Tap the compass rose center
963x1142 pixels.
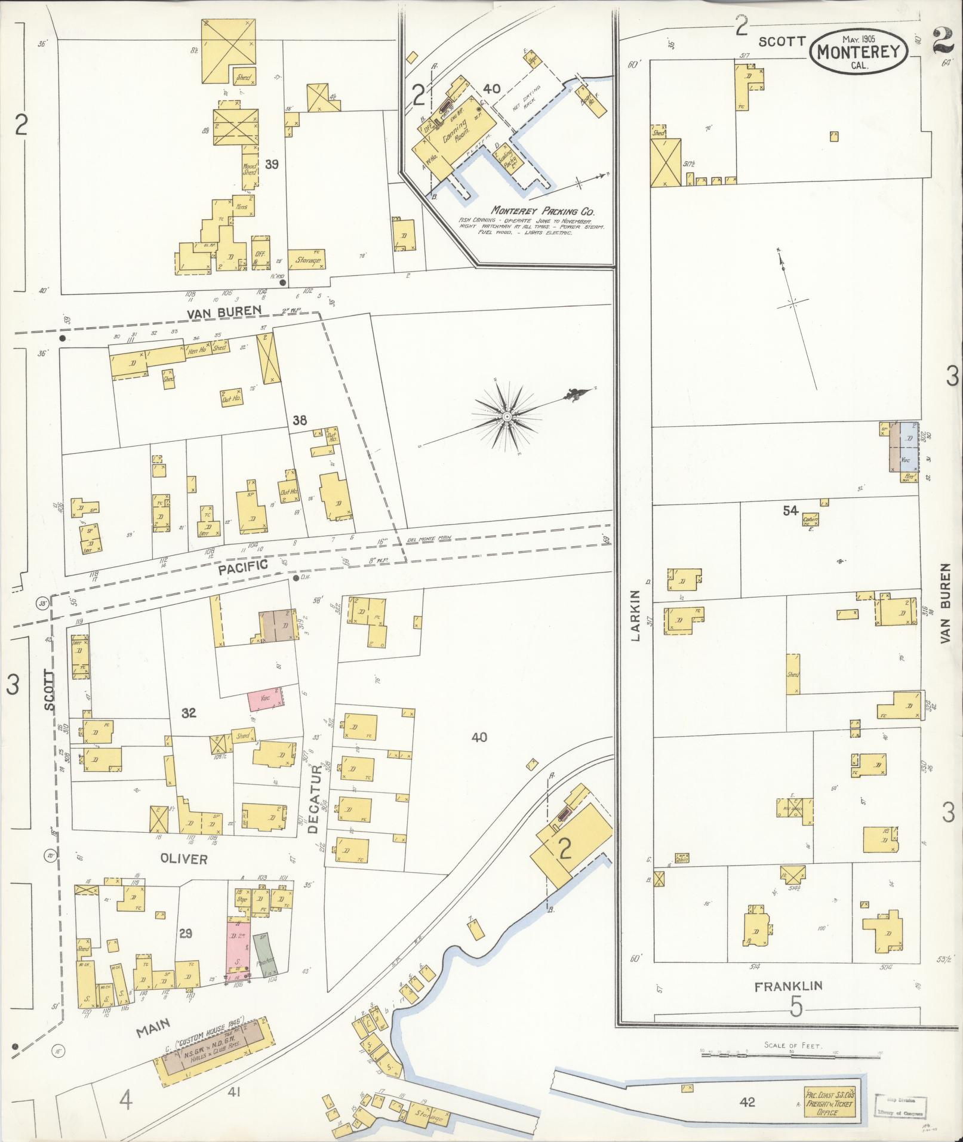click(x=506, y=416)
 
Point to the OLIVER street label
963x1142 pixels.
click(x=183, y=859)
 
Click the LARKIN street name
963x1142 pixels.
click(x=635, y=615)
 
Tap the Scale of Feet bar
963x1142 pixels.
click(x=793, y=1055)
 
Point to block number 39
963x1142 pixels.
click(x=272, y=164)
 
